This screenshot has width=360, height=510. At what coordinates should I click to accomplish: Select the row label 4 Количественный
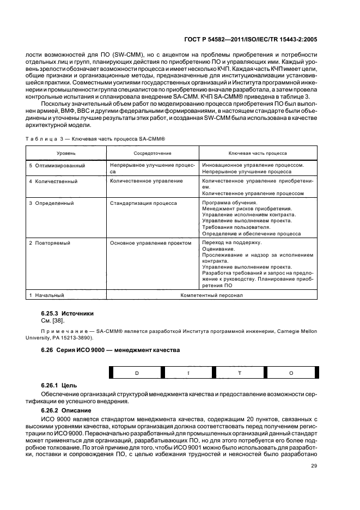pos(53,180)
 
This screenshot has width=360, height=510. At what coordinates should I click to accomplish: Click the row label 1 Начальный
pos(47,295)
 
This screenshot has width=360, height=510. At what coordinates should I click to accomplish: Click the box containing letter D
pos(137,373)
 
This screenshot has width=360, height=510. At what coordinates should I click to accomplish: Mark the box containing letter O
pos(291,373)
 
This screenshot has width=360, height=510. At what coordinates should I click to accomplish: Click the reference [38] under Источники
pos(57,321)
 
